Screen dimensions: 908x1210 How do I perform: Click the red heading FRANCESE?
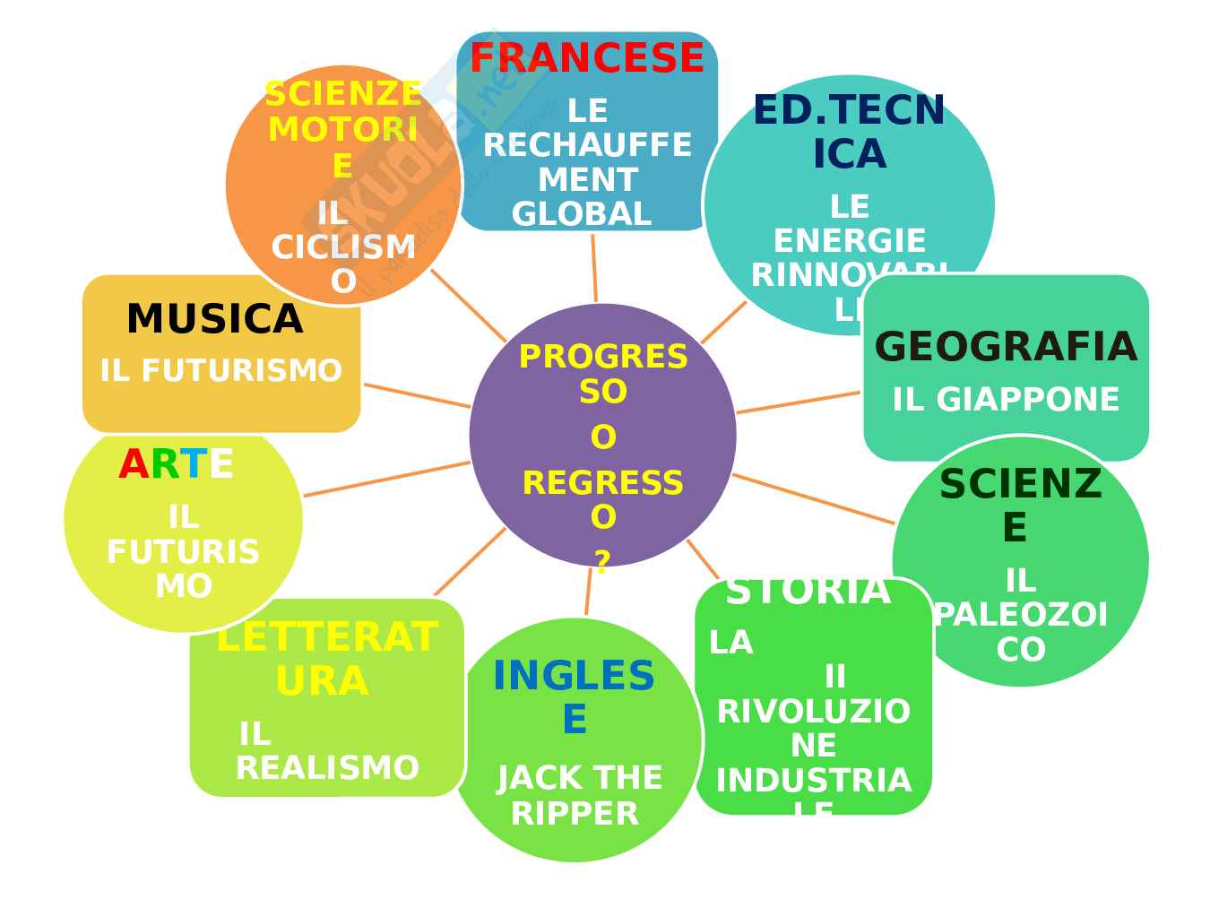(x=587, y=59)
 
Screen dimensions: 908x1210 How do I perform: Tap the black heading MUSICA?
(x=214, y=320)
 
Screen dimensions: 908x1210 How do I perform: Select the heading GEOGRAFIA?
(x=1005, y=348)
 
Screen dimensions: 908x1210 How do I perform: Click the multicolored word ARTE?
(x=176, y=465)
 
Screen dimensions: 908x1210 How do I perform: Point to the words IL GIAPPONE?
(x=1006, y=400)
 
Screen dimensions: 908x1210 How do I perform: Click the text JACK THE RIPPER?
(x=579, y=796)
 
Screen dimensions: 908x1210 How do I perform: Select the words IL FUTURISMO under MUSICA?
(x=220, y=371)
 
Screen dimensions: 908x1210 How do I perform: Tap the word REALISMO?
(x=327, y=768)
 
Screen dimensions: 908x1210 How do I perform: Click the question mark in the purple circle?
(x=602, y=562)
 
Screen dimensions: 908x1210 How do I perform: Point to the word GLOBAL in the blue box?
(x=581, y=214)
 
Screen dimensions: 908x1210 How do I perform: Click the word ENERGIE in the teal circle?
(x=849, y=241)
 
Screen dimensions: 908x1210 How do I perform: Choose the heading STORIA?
(x=808, y=592)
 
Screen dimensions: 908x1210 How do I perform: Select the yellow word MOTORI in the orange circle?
(x=342, y=130)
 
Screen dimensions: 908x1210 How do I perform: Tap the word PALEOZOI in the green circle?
(x=1021, y=616)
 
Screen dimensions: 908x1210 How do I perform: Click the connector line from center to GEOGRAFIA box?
(x=798, y=402)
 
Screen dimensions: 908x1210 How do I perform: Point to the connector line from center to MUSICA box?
(x=417, y=395)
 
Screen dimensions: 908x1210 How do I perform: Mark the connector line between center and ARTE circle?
(x=387, y=478)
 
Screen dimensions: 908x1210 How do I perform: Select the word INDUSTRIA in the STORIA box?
(x=813, y=781)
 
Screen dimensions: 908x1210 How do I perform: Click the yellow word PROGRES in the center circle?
(x=602, y=357)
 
